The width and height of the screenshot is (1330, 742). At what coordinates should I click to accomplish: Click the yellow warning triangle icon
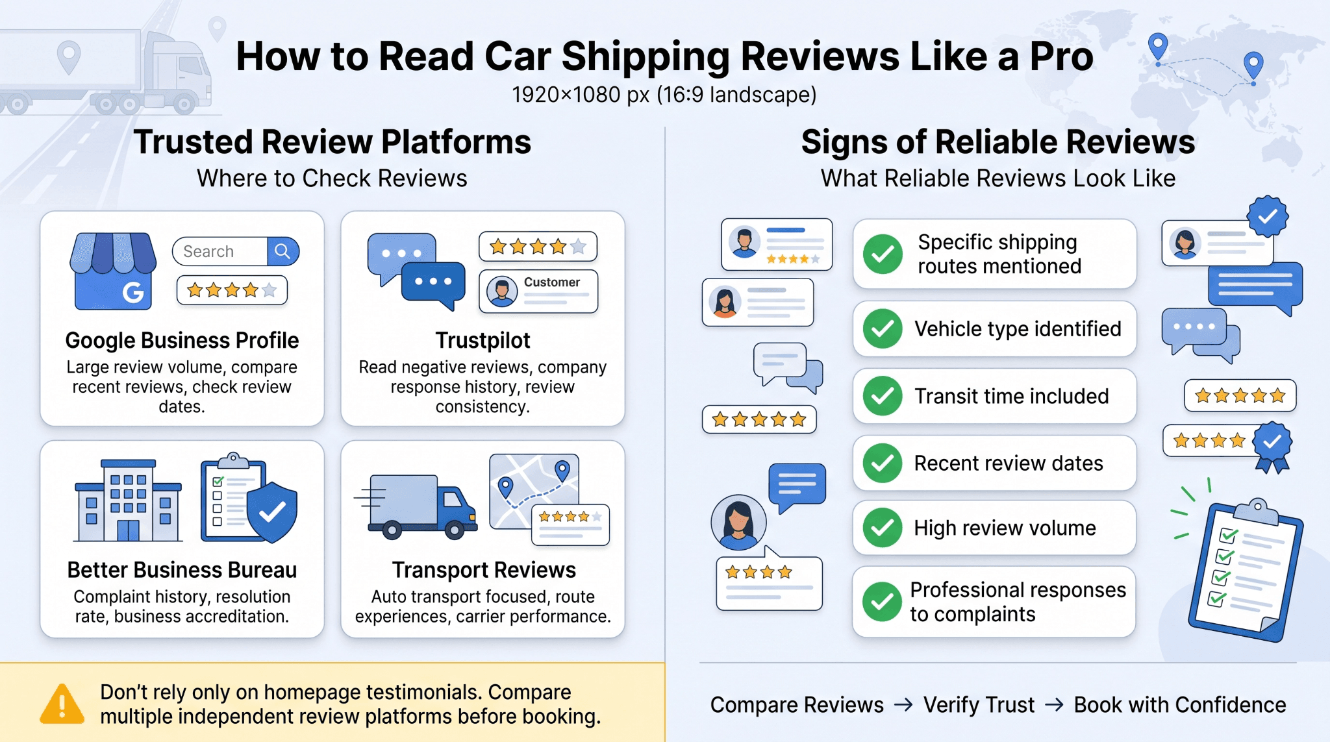(62, 704)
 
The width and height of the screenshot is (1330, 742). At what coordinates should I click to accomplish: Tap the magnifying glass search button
(282, 251)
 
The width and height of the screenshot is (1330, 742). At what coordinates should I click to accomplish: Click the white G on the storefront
(133, 293)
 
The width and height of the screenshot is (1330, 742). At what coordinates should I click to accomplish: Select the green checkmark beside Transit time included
(883, 396)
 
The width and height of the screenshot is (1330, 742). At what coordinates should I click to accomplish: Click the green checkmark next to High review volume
(883, 528)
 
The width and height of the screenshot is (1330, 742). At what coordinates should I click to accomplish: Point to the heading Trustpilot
(483, 340)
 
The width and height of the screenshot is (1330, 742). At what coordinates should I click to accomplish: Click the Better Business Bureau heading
(182, 569)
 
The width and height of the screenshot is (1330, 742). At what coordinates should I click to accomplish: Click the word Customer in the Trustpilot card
(552, 282)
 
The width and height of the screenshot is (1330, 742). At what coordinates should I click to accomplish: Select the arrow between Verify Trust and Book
(1054, 704)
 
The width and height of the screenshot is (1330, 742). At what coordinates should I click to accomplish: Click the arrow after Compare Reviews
(903, 704)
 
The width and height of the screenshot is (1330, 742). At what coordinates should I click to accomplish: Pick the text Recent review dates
(1009, 463)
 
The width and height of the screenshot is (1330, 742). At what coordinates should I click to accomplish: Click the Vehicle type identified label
(1018, 328)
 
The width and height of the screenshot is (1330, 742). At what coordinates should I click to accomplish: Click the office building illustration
(128, 500)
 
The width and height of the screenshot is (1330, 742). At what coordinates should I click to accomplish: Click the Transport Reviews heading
(484, 569)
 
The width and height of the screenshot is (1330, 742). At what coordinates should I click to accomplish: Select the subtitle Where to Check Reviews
(332, 178)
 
